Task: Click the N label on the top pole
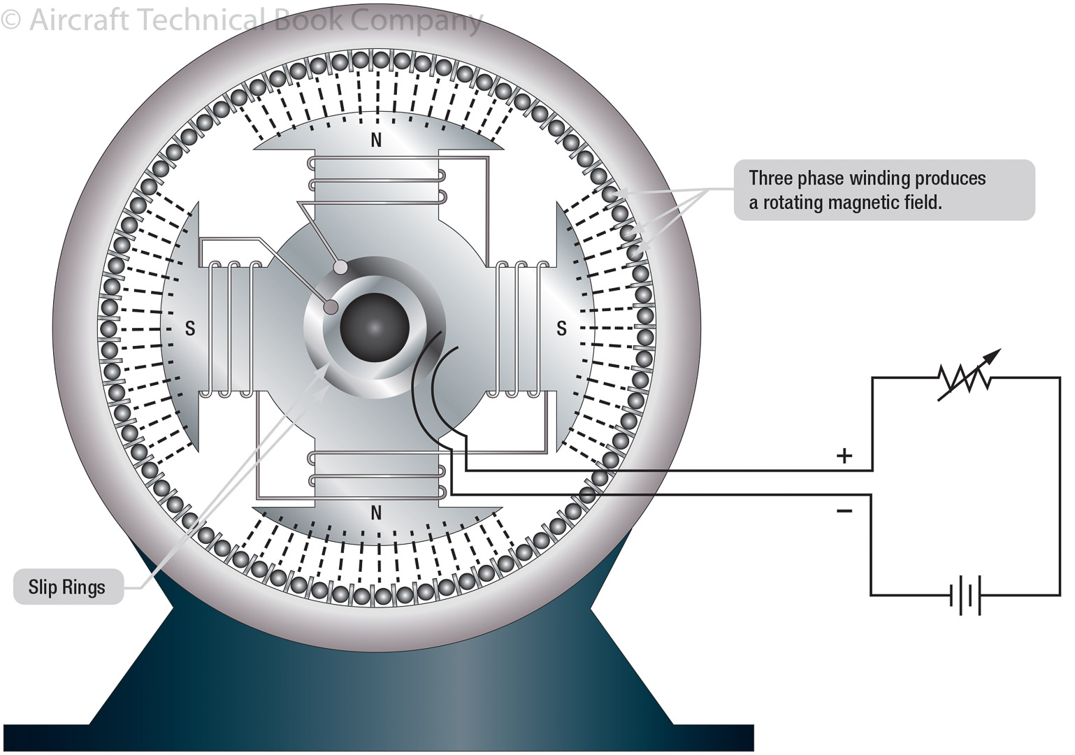376,141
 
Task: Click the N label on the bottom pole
376,513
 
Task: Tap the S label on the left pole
189,328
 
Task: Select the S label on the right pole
561,328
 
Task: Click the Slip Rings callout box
68,587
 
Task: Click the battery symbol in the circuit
965,596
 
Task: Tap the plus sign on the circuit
844,456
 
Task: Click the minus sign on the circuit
844,511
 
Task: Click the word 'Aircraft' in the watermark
79,20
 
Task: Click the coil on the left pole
231,329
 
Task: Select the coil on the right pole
521,329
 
